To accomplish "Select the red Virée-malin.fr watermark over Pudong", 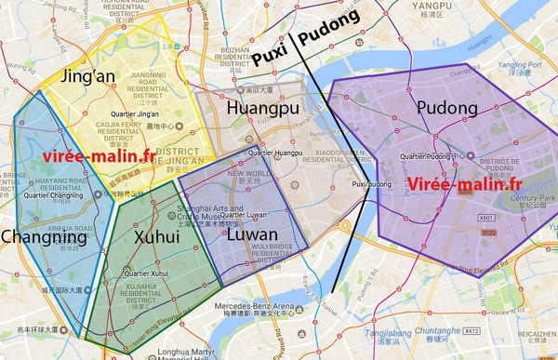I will click(x=463, y=182).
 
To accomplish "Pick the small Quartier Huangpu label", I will click(x=276, y=153).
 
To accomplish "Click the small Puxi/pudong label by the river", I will click(x=372, y=185).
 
